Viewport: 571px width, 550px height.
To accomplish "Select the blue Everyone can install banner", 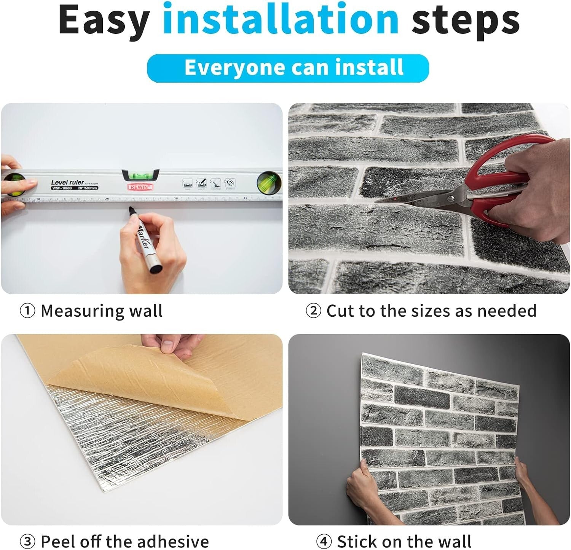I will coord(288,68).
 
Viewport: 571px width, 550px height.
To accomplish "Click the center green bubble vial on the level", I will coord(140,175).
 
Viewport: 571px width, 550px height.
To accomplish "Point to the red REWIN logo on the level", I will coord(140,187).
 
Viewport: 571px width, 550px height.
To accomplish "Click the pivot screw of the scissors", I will coord(451,198).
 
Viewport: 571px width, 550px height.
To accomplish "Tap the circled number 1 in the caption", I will coord(27,311).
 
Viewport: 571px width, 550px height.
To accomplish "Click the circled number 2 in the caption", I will coord(313,311).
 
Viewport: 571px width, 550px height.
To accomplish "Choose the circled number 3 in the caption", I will coord(27,541).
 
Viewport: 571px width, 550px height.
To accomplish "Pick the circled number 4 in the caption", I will coord(324,541).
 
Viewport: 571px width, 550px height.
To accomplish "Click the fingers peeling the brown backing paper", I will coord(171,344).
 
